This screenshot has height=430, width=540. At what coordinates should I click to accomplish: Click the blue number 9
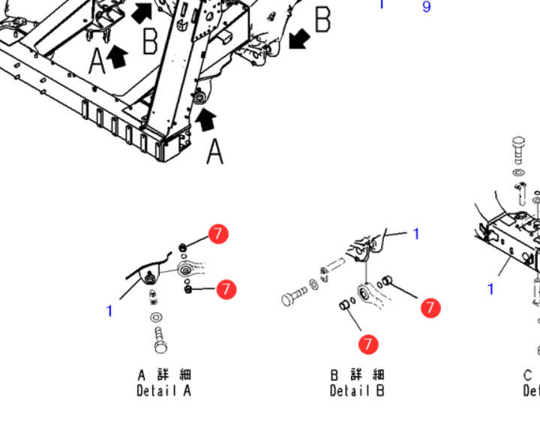tap(427, 8)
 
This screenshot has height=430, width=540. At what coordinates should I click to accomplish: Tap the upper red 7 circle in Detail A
tap(217, 234)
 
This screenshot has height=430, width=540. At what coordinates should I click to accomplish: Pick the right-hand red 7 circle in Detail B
tap(430, 308)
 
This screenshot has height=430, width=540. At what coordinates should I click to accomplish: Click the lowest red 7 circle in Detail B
tap(367, 344)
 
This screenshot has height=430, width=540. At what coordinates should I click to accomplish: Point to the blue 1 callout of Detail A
tap(109, 311)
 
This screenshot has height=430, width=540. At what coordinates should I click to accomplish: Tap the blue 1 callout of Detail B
tap(417, 235)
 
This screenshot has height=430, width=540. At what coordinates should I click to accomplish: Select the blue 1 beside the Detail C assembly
tap(491, 289)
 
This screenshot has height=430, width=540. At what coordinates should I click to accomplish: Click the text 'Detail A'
tap(163, 391)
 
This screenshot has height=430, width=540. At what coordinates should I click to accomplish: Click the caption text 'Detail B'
tap(357, 391)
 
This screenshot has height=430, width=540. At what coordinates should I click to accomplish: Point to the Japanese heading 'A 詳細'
tap(164, 374)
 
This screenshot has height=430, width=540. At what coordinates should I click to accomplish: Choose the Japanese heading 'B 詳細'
tap(358, 374)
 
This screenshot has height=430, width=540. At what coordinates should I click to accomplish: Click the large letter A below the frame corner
tap(215, 152)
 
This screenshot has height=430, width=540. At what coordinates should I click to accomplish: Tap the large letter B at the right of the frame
tap(322, 21)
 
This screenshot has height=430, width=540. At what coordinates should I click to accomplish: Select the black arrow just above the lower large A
tap(206, 117)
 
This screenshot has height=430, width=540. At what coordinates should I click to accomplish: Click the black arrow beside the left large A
tap(118, 55)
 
